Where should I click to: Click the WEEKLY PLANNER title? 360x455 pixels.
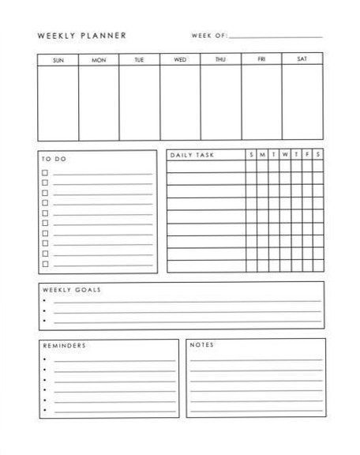pyautogui.click(x=81, y=36)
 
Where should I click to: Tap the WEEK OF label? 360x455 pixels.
pyautogui.click(x=209, y=36)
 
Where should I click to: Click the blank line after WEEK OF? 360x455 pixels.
pyautogui.click(x=276, y=37)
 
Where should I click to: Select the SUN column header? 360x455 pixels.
pyautogui.click(x=58, y=59)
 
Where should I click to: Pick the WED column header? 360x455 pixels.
pyautogui.click(x=180, y=59)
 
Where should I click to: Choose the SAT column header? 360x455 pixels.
pyautogui.click(x=302, y=59)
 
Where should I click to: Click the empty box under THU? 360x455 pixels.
pyautogui.click(x=220, y=102)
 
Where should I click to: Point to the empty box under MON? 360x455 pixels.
pyautogui.click(x=99, y=102)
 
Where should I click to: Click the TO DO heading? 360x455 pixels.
pyautogui.click(x=54, y=159)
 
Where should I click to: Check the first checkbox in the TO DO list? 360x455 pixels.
pyautogui.click(x=45, y=172)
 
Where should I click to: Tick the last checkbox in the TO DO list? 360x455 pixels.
pyautogui.click(x=45, y=264)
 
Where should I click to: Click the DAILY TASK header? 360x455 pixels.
pyautogui.click(x=192, y=155)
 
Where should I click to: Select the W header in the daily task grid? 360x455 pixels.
pyautogui.click(x=285, y=155)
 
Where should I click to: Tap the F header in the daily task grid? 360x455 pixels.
pyautogui.click(x=307, y=155)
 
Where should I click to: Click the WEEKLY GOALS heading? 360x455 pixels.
pyautogui.click(x=71, y=289)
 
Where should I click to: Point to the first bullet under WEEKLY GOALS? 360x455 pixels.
pyautogui.click(x=45, y=301)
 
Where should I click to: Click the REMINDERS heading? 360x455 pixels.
pyautogui.click(x=64, y=345)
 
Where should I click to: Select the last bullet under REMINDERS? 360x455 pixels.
pyautogui.click(x=45, y=410)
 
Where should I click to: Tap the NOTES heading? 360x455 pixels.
pyautogui.click(x=202, y=345)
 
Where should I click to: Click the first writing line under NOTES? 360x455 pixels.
pyautogui.click(x=256, y=359)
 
